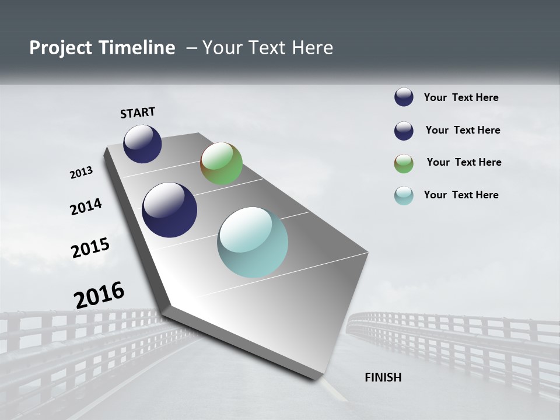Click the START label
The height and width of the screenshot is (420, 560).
click(138, 113)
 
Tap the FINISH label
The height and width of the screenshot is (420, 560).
click(383, 377)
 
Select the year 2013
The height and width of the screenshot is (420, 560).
click(81, 173)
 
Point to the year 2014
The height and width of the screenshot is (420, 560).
click(86, 207)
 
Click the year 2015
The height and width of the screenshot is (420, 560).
click(90, 248)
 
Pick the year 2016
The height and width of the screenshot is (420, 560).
click(99, 295)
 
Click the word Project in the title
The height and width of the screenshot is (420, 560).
click(60, 48)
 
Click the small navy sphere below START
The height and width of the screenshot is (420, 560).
click(142, 143)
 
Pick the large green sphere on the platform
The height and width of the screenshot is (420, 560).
click(222, 163)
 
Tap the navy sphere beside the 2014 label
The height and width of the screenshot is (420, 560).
click(169, 210)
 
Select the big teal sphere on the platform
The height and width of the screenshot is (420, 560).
click(253, 242)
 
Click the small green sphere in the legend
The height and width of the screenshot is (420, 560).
click(404, 163)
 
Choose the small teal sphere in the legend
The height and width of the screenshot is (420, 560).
click(404, 195)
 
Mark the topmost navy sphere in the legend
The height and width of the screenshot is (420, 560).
click(404, 97)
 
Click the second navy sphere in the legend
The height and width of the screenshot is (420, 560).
click(404, 131)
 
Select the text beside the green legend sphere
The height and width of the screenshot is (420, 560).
click(464, 162)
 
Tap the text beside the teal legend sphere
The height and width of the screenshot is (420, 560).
click(461, 195)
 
